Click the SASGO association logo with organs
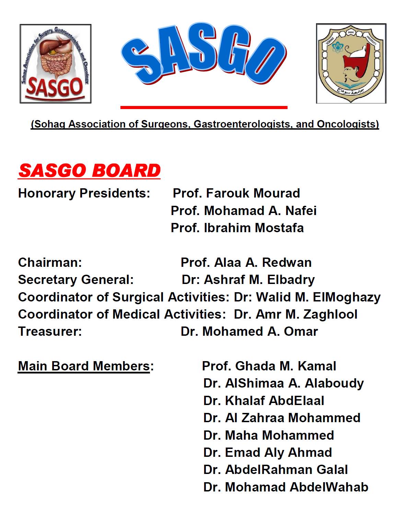56,64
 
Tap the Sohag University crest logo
351,63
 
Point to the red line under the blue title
204,107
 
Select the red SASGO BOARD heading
89,171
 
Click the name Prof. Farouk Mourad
236,193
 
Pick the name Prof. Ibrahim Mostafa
237,228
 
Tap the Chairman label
50,262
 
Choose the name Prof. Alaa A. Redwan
246,262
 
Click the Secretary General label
76,280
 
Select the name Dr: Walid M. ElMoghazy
307,297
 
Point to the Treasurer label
50,331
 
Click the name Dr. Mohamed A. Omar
249,331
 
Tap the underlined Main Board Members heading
84,366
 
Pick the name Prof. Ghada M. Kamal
269,366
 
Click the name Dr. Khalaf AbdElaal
264,401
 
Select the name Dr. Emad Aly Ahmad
268,452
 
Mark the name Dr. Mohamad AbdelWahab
286,487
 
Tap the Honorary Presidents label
84,193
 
